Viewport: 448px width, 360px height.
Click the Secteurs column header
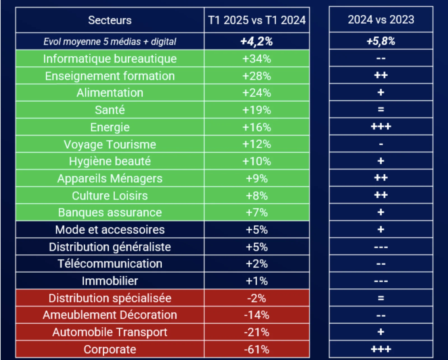(110, 20)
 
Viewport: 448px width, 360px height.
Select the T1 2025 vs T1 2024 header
(257, 20)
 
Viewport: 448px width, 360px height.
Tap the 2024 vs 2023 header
(381, 20)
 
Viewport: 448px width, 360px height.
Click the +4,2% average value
(256, 41)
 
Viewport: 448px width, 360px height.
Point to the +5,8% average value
(381, 41)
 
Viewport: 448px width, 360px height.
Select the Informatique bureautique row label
(110, 59)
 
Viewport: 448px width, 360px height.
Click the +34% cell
(256, 59)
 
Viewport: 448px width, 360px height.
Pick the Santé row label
(110, 110)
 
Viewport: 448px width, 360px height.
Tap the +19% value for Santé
(256, 110)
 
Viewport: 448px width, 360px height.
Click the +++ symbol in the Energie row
(381, 127)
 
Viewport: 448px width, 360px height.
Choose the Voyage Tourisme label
(110, 145)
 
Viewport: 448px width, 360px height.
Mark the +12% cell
(256, 144)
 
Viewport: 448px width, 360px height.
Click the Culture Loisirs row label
(110, 196)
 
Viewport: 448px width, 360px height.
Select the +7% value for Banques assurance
(256, 213)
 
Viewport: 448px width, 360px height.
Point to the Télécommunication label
(110, 264)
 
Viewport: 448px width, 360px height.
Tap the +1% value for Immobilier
(256, 281)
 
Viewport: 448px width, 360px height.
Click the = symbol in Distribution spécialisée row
(381, 298)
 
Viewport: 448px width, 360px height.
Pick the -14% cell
(256, 315)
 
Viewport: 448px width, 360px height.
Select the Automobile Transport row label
(110, 332)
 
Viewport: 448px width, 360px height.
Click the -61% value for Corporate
(256, 350)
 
